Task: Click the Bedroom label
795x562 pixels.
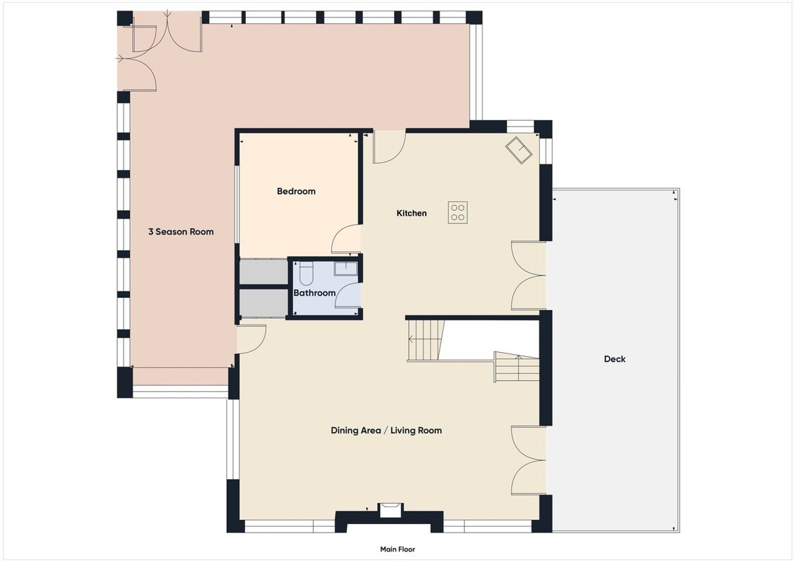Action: (x=296, y=191)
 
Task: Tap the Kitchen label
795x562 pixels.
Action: (x=411, y=213)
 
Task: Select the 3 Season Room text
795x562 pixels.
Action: (x=181, y=232)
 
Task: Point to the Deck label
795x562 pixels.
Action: (x=615, y=359)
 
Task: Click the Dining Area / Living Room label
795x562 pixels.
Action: (x=386, y=431)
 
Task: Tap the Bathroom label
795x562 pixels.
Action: (x=315, y=293)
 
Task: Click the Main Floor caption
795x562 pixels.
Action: (x=397, y=549)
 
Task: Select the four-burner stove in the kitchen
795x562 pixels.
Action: (x=458, y=213)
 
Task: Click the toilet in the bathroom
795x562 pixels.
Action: (x=306, y=273)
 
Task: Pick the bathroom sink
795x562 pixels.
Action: (x=346, y=269)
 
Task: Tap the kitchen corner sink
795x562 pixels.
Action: (x=518, y=150)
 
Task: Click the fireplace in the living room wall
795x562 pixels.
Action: (x=390, y=510)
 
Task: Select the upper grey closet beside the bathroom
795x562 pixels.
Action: (x=263, y=272)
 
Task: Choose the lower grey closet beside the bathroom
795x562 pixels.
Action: (x=263, y=302)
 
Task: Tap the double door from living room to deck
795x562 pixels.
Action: (x=527, y=461)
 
